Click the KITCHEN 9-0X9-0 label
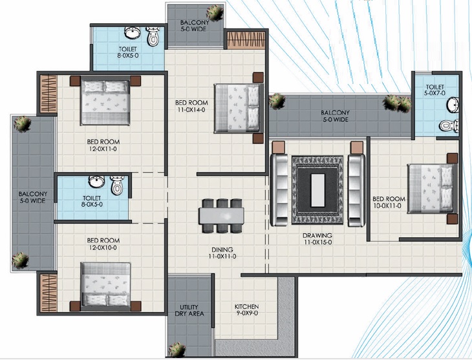coord(246,310)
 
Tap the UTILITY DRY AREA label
coord(189,310)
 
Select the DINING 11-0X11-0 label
coord(222,253)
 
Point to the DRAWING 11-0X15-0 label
coord(317,238)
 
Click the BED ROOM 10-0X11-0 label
coord(389,202)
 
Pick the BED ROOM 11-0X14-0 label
coord(191,106)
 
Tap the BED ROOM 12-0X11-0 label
coord(103,145)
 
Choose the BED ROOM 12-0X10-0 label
coord(103,244)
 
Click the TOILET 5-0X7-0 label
coord(434,90)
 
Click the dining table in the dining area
coord(221,215)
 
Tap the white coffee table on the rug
coord(317,190)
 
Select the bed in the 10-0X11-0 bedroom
coord(431,189)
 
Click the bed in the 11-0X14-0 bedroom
coord(238,109)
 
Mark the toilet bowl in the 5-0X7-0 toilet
coord(449,125)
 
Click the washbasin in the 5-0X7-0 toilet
coord(453,105)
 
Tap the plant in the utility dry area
coord(177,350)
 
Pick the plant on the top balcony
coord(215,13)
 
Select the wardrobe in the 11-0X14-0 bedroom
coord(246,39)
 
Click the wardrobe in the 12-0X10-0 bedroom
coord(48,293)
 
